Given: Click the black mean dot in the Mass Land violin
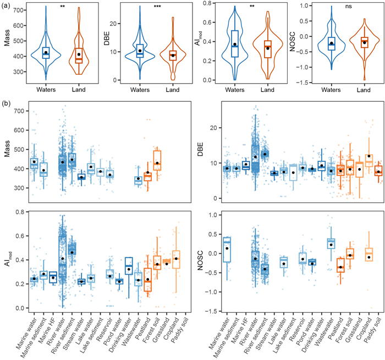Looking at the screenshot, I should tap(79, 54).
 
